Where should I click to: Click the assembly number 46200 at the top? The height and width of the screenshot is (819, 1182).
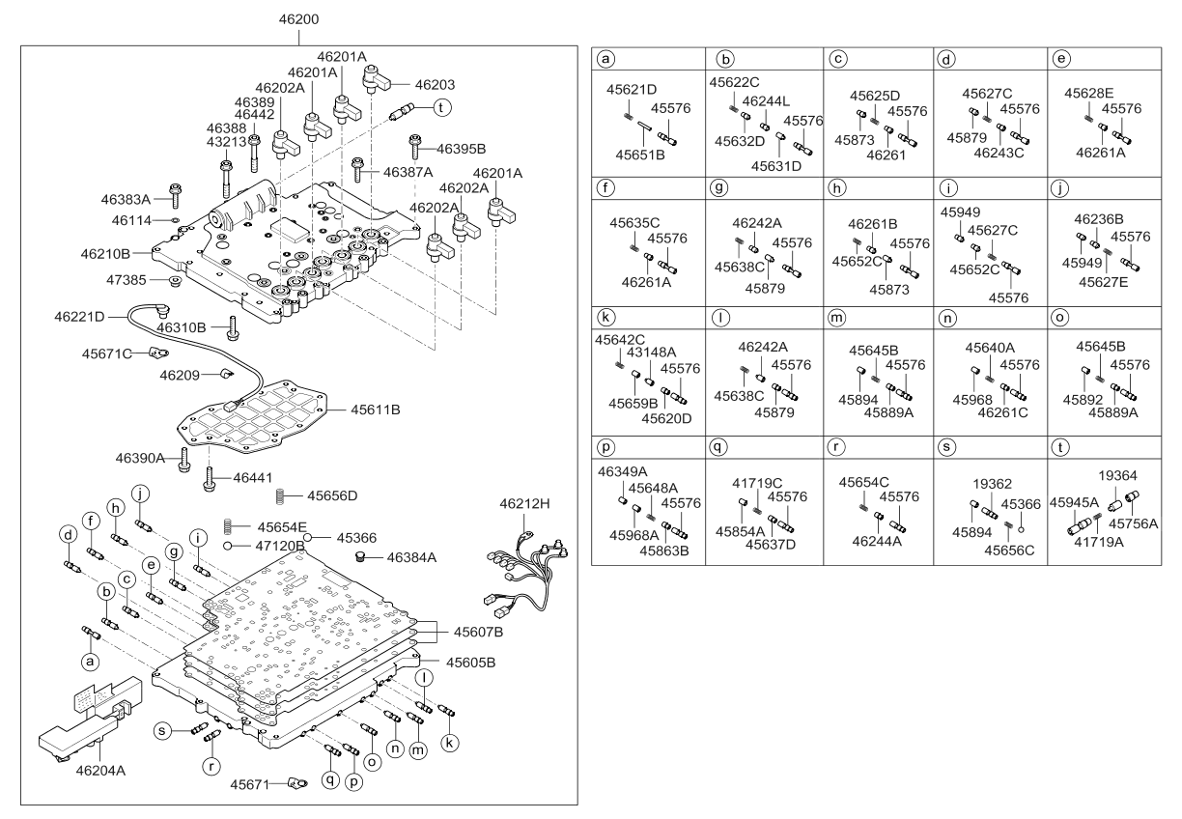click(x=298, y=18)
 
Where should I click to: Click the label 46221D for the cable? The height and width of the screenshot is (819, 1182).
click(x=79, y=316)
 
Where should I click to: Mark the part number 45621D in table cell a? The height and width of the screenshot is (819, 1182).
click(x=633, y=90)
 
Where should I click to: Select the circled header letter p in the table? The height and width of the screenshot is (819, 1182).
click(x=606, y=449)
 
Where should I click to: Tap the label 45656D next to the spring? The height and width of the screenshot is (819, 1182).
click(x=333, y=495)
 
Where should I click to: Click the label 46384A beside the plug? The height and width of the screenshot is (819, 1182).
click(x=412, y=557)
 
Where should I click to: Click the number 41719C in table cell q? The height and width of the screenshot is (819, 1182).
click(x=756, y=482)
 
